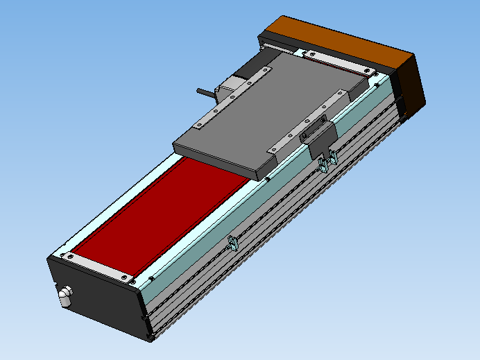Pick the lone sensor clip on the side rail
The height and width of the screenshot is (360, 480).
(233, 243)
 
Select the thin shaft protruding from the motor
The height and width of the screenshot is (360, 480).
(206, 92)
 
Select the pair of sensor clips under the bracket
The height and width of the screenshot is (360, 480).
(328, 161)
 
